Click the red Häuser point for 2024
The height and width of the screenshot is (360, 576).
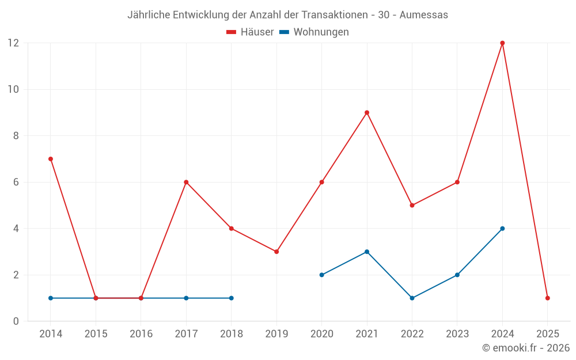[502, 43]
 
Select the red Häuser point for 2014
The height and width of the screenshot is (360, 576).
[51, 159]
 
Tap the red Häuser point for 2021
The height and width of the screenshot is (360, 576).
[367, 113]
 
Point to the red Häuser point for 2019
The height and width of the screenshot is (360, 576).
[276, 252]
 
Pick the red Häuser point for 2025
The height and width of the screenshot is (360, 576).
[547, 298]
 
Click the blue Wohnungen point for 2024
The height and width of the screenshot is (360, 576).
[502, 229]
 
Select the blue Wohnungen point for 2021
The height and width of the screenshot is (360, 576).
[367, 252]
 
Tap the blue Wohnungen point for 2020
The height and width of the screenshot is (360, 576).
[321, 275]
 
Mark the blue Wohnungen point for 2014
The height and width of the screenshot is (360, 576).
[51, 298]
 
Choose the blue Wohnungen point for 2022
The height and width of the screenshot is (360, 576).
[412, 298]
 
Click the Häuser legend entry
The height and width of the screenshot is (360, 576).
[250, 32]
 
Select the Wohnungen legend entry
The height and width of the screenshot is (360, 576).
[314, 32]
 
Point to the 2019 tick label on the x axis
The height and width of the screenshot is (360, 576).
[276, 334]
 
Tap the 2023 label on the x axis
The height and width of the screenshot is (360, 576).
[457, 334]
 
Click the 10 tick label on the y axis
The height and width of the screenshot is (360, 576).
[13, 89]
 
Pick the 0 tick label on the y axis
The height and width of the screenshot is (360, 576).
[16, 321]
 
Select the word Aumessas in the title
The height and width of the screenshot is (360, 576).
[423, 15]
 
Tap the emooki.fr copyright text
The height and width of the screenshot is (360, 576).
[526, 348]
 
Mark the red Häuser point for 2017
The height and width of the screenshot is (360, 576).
[186, 182]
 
